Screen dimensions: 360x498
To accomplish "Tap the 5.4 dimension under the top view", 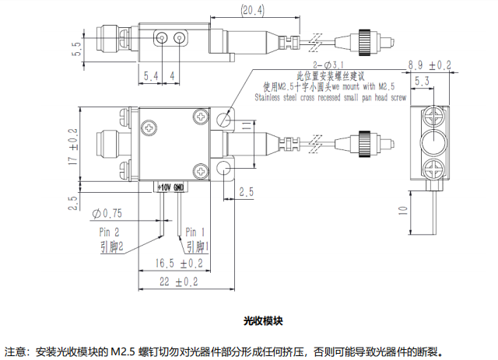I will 151,75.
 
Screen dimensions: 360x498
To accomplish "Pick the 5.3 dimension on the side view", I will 423,80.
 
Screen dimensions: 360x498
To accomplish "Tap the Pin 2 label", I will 110,232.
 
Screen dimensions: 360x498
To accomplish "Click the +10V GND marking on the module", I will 170,187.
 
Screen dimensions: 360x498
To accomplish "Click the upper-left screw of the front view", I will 148,128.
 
